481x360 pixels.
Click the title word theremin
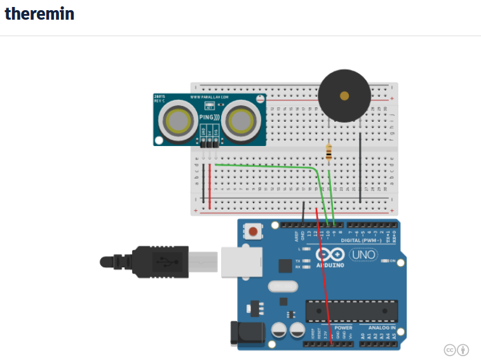click(39, 13)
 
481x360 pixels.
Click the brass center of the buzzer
click(344, 97)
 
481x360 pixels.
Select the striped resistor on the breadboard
click(329, 152)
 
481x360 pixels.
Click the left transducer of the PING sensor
click(176, 119)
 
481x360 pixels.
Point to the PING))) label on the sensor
click(209, 117)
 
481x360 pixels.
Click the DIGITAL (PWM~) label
click(362, 241)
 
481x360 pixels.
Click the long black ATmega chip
click(351, 310)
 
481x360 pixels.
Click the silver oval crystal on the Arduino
click(283, 287)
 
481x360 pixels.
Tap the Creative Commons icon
click(449, 349)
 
